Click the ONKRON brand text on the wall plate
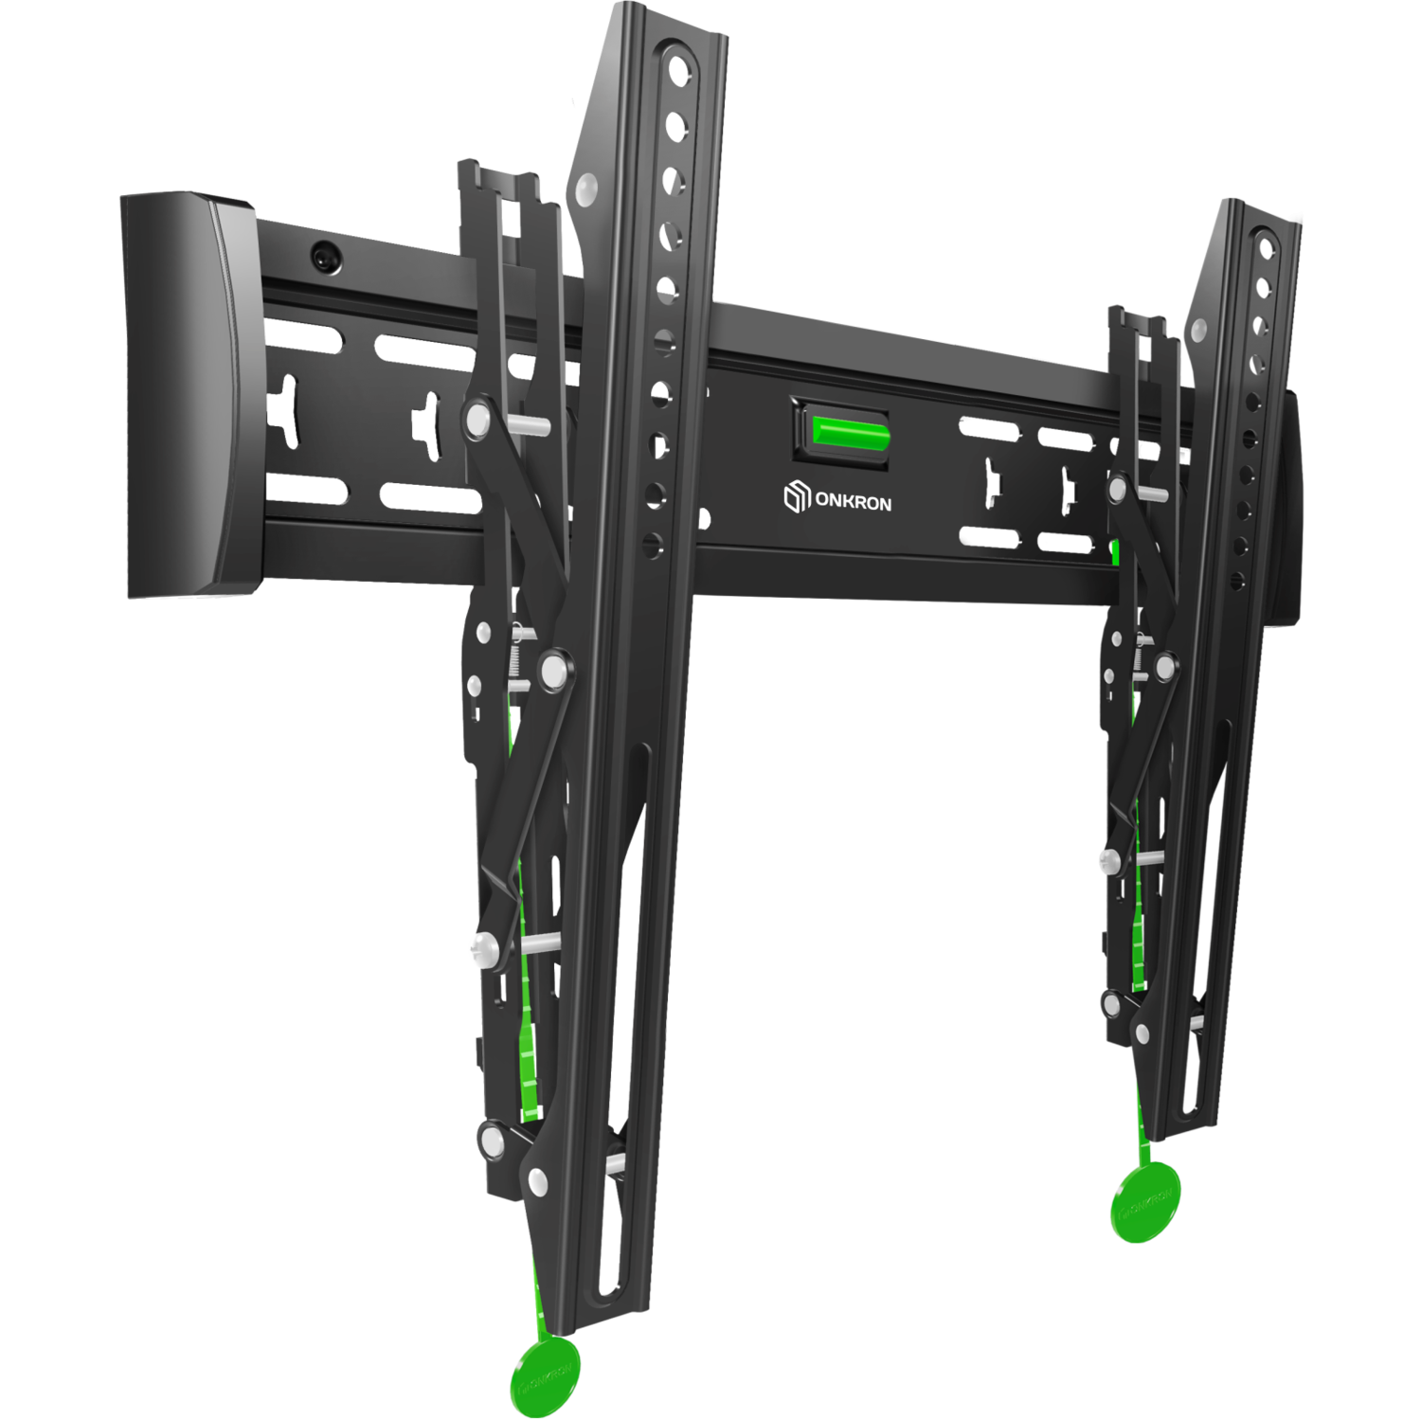tap(853, 502)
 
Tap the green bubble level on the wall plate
tap(851, 436)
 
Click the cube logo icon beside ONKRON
tap(797, 496)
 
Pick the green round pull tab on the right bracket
tap(1145, 1202)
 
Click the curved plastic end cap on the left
tap(185, 398)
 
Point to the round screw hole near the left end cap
tap(326, 256)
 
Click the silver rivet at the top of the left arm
tap(586, 189)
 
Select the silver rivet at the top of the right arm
tap(1197, 331)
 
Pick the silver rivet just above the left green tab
tap(537, 1181)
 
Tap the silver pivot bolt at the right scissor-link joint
tap(1165, 668)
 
